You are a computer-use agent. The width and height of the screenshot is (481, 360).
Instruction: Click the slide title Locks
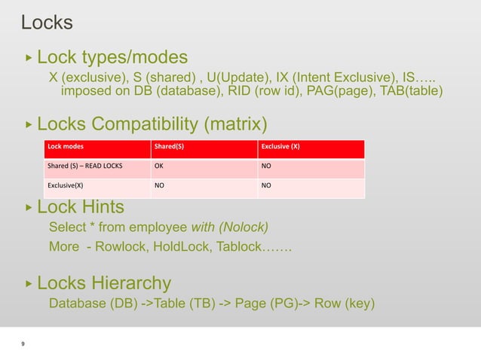(x=47, y=23)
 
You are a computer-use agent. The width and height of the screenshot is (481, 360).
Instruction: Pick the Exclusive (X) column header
(x=280, y=147)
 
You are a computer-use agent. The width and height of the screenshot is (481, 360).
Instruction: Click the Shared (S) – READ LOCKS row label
(x=84, y=167)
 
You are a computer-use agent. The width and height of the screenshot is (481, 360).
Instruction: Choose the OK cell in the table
(x=160, y=167)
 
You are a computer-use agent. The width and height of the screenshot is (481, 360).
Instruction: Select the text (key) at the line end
(x=359, y=304)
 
